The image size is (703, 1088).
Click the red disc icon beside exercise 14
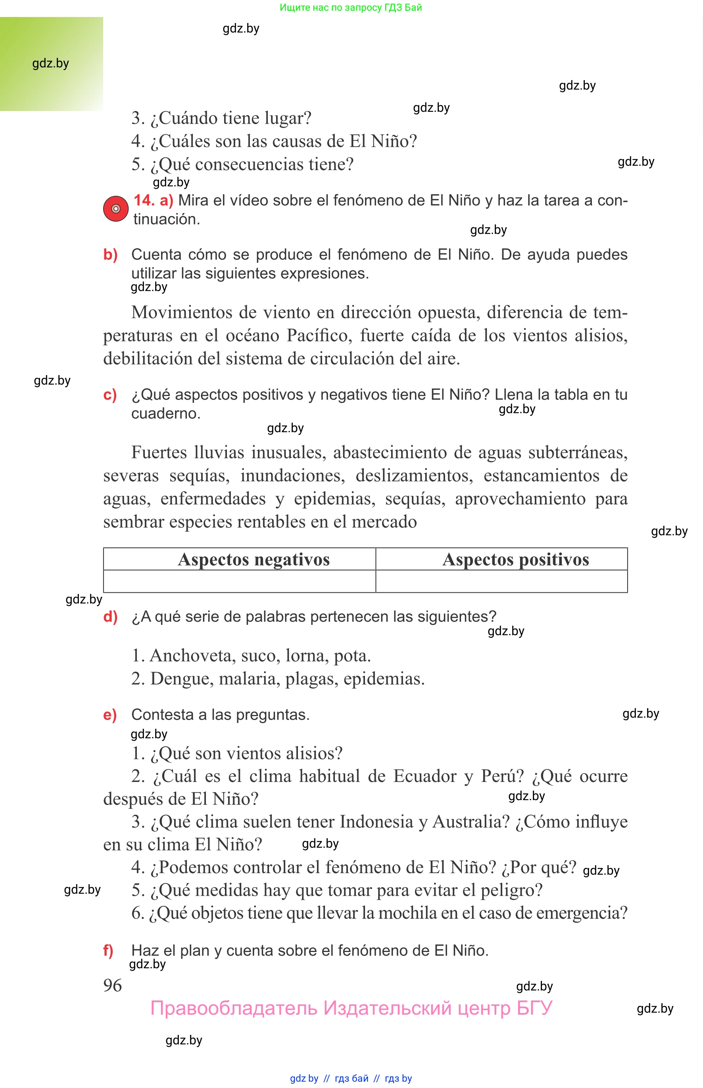coord(115,209)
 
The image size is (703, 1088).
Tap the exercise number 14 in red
coord(144,200)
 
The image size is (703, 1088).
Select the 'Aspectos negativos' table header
coord(254,559)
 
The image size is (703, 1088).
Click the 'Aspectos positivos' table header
coord(515,559)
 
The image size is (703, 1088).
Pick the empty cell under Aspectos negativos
coord(240,581)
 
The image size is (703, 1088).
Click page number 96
coord(112,985)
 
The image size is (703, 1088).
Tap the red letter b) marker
coord(110,255)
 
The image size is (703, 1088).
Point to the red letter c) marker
coord(110,395)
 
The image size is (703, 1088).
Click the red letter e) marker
coord(110,715)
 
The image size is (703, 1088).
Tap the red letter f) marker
coord(108,950)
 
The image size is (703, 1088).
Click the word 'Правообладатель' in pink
coord(234,1008)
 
